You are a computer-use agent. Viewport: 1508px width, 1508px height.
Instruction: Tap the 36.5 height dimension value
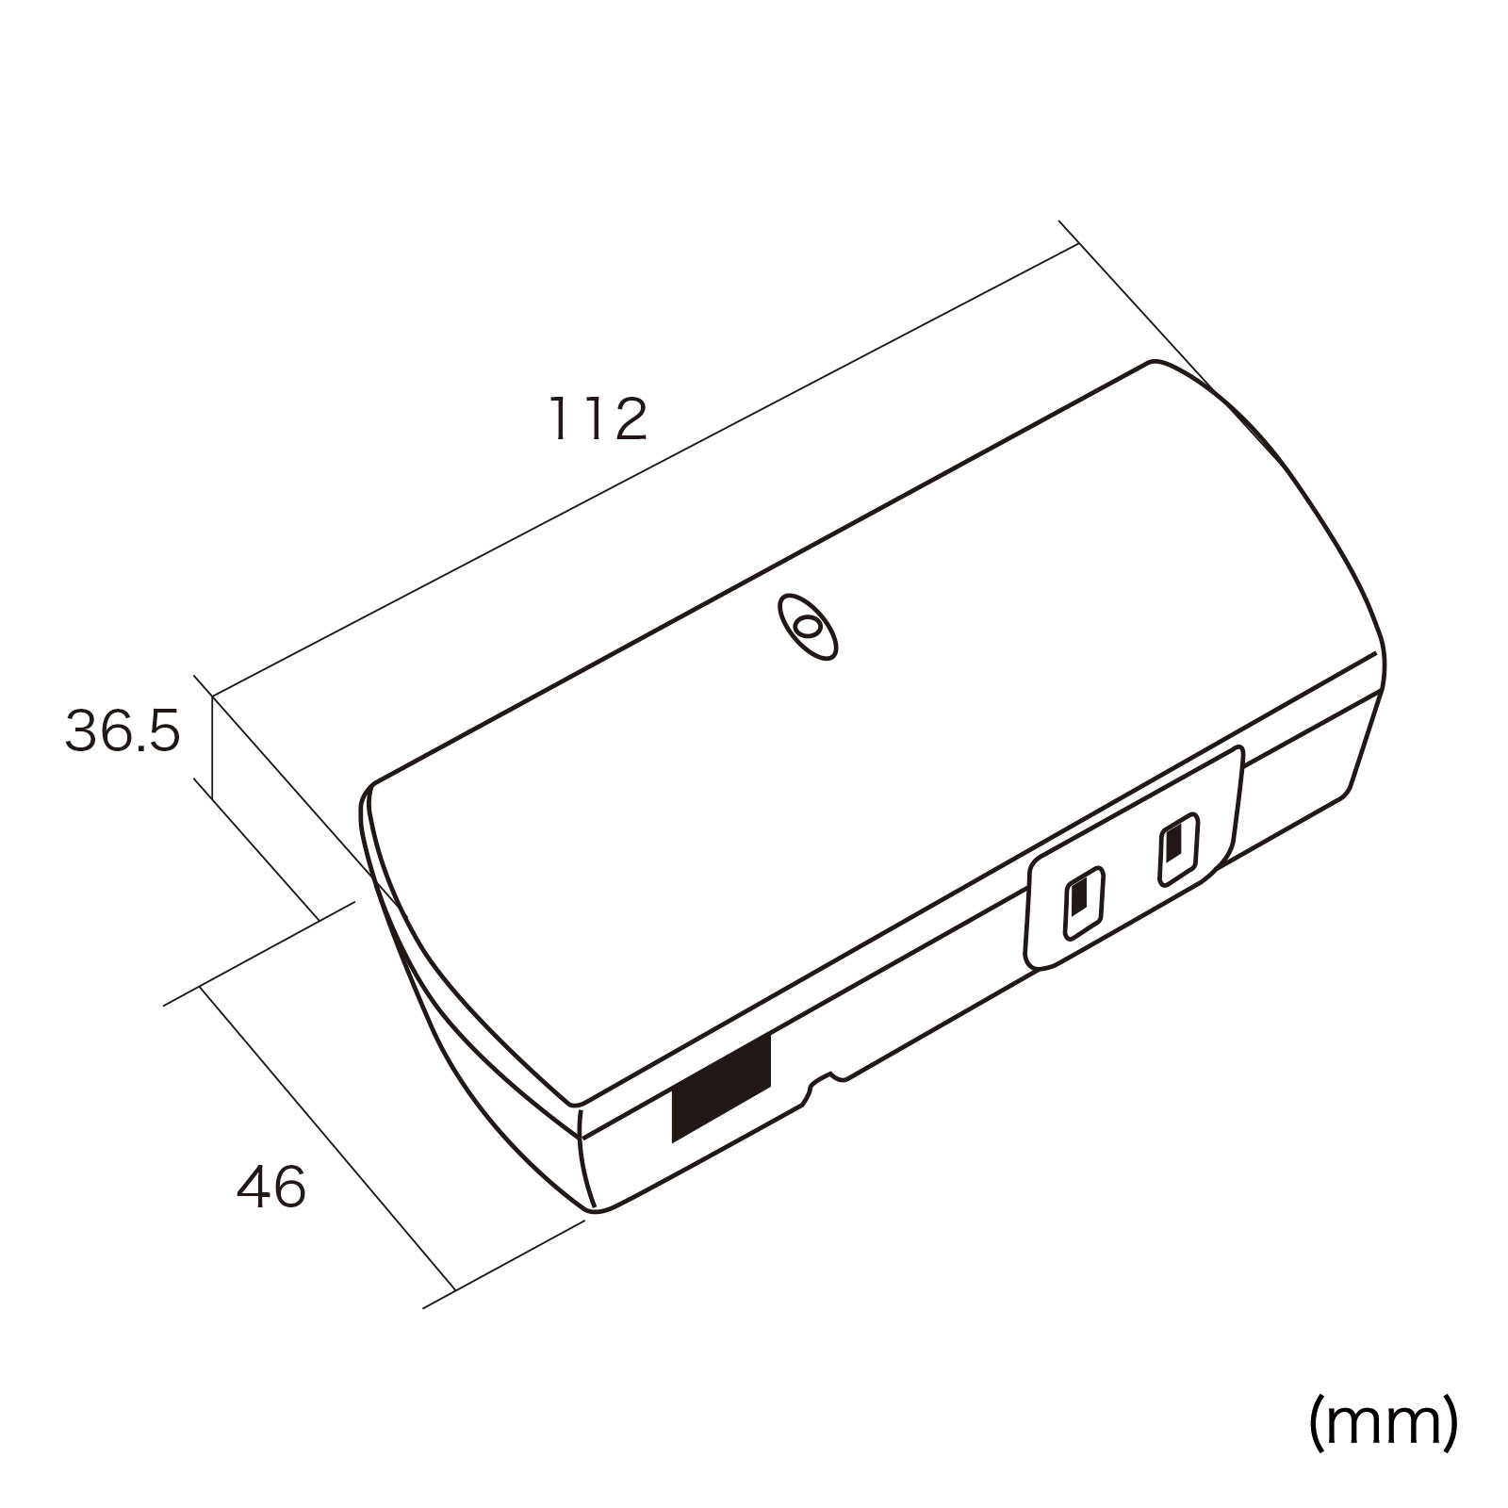tap(122, 731)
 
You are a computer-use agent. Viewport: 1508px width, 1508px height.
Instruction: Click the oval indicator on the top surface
tap(807, 626)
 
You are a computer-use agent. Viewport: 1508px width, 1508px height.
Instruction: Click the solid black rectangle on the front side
tap(721, 1090)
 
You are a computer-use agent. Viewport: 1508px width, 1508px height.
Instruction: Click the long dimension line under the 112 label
tap(645, 471)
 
